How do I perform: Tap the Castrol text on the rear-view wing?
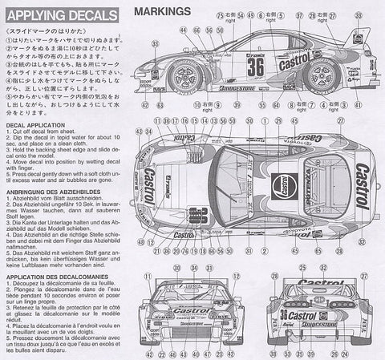click(321, 283)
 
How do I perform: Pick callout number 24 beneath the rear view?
click(319, 353)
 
